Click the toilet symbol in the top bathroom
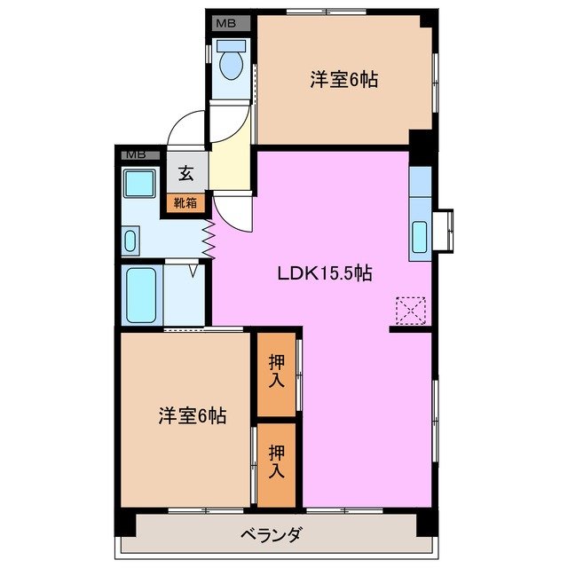point(232,62)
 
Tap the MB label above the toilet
point(227,22)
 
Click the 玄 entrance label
point(187,174)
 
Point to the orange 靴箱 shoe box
point(186,203)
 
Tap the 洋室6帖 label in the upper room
point(344,80)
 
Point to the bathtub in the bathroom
point(142,296)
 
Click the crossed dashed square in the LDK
point(411,311)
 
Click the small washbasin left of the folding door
point(130,241)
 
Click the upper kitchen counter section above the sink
point(419,185)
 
